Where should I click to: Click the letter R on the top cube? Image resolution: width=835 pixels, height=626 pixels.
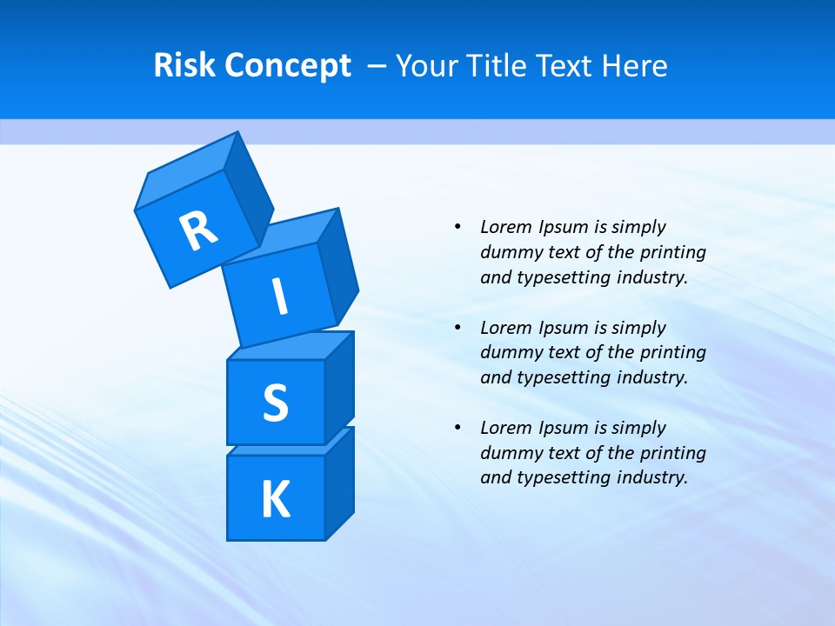[198, 230]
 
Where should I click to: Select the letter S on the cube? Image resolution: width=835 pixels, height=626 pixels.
[275, 403]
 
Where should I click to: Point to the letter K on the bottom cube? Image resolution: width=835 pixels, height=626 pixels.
[275, 500]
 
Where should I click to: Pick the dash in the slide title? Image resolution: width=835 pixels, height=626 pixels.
[377, 66]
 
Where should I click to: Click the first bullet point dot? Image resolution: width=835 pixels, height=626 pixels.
[458, 227]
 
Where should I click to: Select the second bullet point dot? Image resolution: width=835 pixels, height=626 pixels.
[458, 328]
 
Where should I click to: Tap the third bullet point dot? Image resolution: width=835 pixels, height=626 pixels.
[458, 428]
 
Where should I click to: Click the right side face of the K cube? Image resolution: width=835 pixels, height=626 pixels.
[339, 483]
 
